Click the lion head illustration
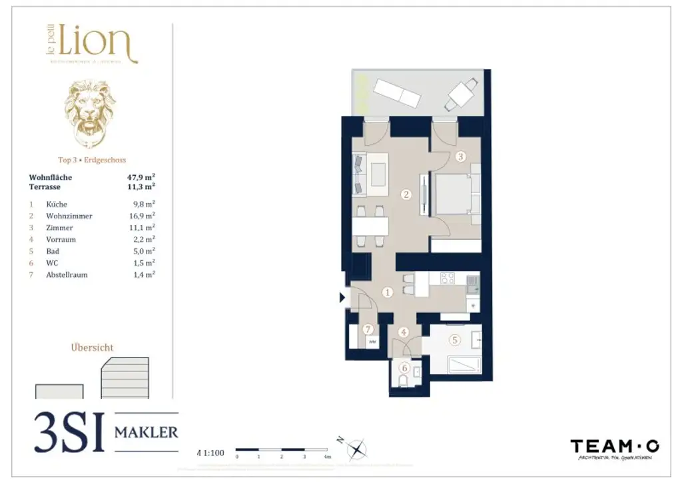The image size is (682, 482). point(90,113)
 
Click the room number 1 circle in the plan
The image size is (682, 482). point(388,292)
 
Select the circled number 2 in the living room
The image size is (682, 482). point(406,195)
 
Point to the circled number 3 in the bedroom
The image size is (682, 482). point(461,158)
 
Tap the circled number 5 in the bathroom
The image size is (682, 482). point(455,340)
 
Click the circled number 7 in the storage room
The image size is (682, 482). point(368,329)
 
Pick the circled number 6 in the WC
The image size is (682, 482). point(404,367)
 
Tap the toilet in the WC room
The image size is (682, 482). point(403,381)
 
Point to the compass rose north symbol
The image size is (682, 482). point(358,449)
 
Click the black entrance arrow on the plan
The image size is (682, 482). point(343,298)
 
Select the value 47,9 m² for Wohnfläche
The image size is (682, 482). point(141,178)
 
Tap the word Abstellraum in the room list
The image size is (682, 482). point(67,274)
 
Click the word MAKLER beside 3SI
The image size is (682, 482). point(147,433)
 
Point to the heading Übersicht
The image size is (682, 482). point(92,348)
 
